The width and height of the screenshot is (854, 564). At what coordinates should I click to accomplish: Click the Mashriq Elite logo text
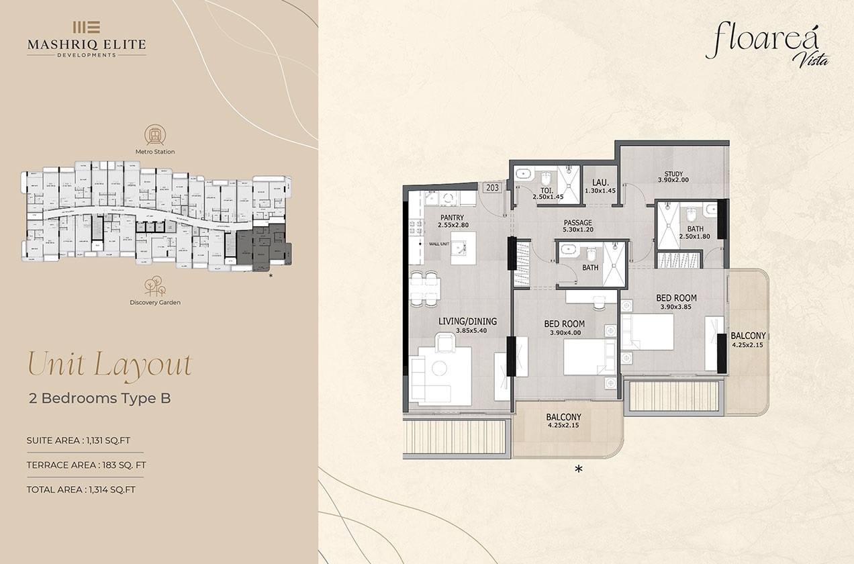(x=86, y=44)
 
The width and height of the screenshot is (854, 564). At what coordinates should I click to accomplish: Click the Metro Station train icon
(x=154, y=134)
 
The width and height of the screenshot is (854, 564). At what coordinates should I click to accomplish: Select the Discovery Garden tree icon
(x=154, y=285)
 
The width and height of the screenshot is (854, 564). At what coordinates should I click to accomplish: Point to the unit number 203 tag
(x=492, y=188)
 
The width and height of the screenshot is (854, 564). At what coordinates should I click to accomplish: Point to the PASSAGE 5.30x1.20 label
(x=577, y=227)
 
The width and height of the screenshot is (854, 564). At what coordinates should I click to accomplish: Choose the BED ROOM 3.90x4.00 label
(x=564, y=328)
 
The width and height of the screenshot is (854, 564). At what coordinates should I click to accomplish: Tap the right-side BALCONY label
(x=748, y=340)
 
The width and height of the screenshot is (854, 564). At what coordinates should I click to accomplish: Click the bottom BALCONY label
(x=563, y=421)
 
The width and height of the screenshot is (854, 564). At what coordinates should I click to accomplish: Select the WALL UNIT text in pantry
(x=439, y=244)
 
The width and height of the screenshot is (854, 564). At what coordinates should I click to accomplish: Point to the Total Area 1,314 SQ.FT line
(x=81, y=489)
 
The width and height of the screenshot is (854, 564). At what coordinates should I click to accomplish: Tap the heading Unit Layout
(x=109, y=365)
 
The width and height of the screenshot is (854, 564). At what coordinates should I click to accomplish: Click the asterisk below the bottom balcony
(x=578, y=470)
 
